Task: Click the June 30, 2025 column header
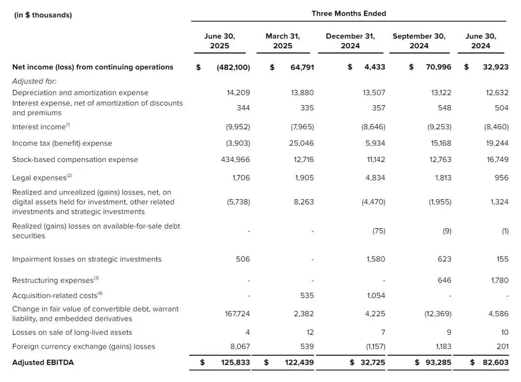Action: [x=219, y=41]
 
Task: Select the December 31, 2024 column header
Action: [x=350, y=41]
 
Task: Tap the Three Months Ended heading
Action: [x=349, y=14]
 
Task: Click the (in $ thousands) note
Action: [x=43, y=15]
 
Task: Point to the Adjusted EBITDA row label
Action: [x=43, y=362]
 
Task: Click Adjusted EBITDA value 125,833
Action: [x=233, y=362]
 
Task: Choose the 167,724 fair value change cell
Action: [x=237, y=314]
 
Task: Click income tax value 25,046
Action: [x=302, y=143]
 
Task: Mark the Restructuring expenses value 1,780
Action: [x=499, y=280]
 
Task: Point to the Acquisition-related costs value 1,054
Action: [x=375, y=296]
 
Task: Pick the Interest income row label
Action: [x=41, y=127]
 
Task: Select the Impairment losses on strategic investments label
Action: [x=87, y=259]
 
